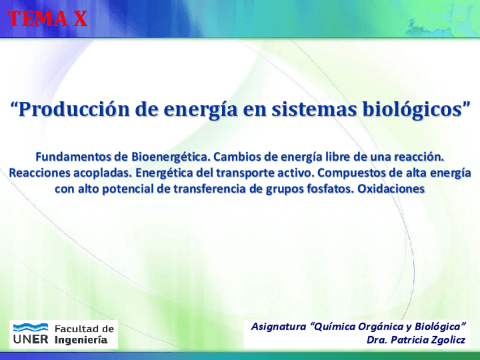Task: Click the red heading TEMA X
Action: point(48,18)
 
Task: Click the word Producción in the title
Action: point(74,109)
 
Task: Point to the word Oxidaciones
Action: point(391,189)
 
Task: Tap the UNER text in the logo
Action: point(31,340)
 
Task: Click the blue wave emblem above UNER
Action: point(31,327)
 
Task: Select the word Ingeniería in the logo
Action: point(81,340)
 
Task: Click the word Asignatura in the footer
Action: point(278,327)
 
